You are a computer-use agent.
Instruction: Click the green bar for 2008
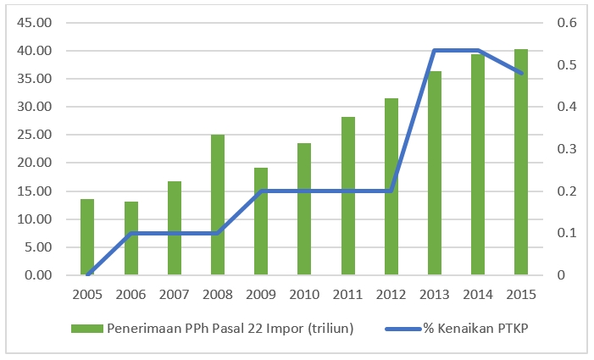(218, 205)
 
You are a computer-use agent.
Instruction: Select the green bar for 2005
(87, 237)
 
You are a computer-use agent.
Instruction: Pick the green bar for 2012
(391, 186)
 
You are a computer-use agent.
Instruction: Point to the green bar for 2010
(304, 209)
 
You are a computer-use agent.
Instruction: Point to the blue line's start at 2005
(87, 274)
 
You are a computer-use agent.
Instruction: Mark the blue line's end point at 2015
(521, 74)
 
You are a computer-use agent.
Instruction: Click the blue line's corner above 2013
(434, 51)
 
